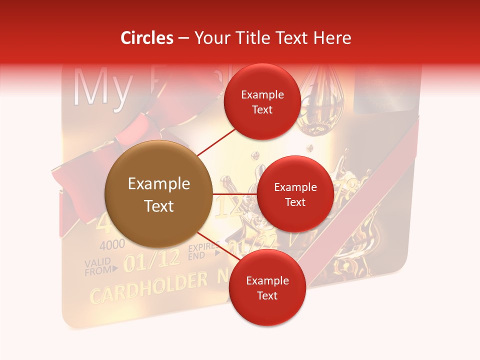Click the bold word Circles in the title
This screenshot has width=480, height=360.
[x=147, y=38]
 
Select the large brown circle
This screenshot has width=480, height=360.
[x=158, y=194]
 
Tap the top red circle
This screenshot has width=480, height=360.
[x=262, y=101]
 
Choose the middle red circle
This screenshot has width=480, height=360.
[x=295, y=194]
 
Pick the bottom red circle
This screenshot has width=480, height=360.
[x=267, y=287]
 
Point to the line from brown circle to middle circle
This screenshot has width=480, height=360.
[x=234, y=194]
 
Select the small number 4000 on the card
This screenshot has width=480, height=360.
[x=112, y=246]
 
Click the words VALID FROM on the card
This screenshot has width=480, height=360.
[x=97, y=267]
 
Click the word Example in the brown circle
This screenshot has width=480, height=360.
[x=158, y=184]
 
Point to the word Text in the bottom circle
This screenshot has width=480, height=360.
[x=267, y=295]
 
